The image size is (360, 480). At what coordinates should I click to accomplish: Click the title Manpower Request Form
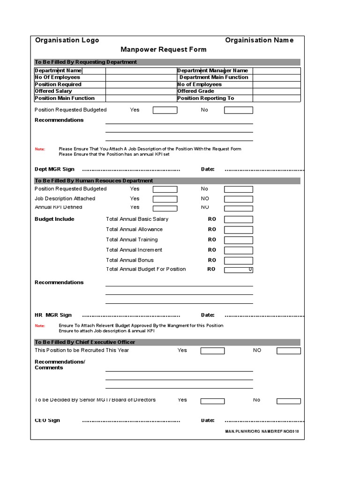(x=163, y=49)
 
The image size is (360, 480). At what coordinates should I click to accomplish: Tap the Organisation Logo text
(x=67, y=40)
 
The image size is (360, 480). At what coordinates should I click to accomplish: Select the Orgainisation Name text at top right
(x=259, y=40)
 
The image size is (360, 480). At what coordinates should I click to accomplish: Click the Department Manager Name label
(x=212, y=70)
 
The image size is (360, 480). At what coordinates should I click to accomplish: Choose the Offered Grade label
(x=196, y=91)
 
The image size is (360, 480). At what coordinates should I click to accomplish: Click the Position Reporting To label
(x=205, y=98)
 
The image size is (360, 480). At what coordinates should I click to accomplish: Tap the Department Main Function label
(x=214, y=77)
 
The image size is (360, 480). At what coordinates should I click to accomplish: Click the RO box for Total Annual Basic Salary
(x=238, y=219)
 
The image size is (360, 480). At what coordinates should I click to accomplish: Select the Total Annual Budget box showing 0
(x=238, y=270)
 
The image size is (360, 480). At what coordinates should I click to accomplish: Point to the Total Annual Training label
(x=132, y=240)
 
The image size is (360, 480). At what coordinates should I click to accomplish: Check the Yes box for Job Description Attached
(x=165, y=199)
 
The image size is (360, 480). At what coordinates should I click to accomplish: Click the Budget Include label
(x=54, y=219)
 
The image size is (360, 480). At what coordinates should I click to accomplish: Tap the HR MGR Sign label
(x=53, y=315)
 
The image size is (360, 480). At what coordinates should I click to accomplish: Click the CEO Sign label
(x=47, y=420)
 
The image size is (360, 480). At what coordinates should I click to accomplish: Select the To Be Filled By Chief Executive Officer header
(x=85, y=342)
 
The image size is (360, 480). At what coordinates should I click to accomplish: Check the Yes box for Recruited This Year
(x=213, y=351)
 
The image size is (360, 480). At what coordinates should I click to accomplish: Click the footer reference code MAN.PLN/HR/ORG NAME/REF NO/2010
(x=262, y=431)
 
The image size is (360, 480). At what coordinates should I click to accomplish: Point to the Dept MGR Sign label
(x=54, y=169)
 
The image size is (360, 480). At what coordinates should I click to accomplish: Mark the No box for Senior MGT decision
(x=288, y=401)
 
